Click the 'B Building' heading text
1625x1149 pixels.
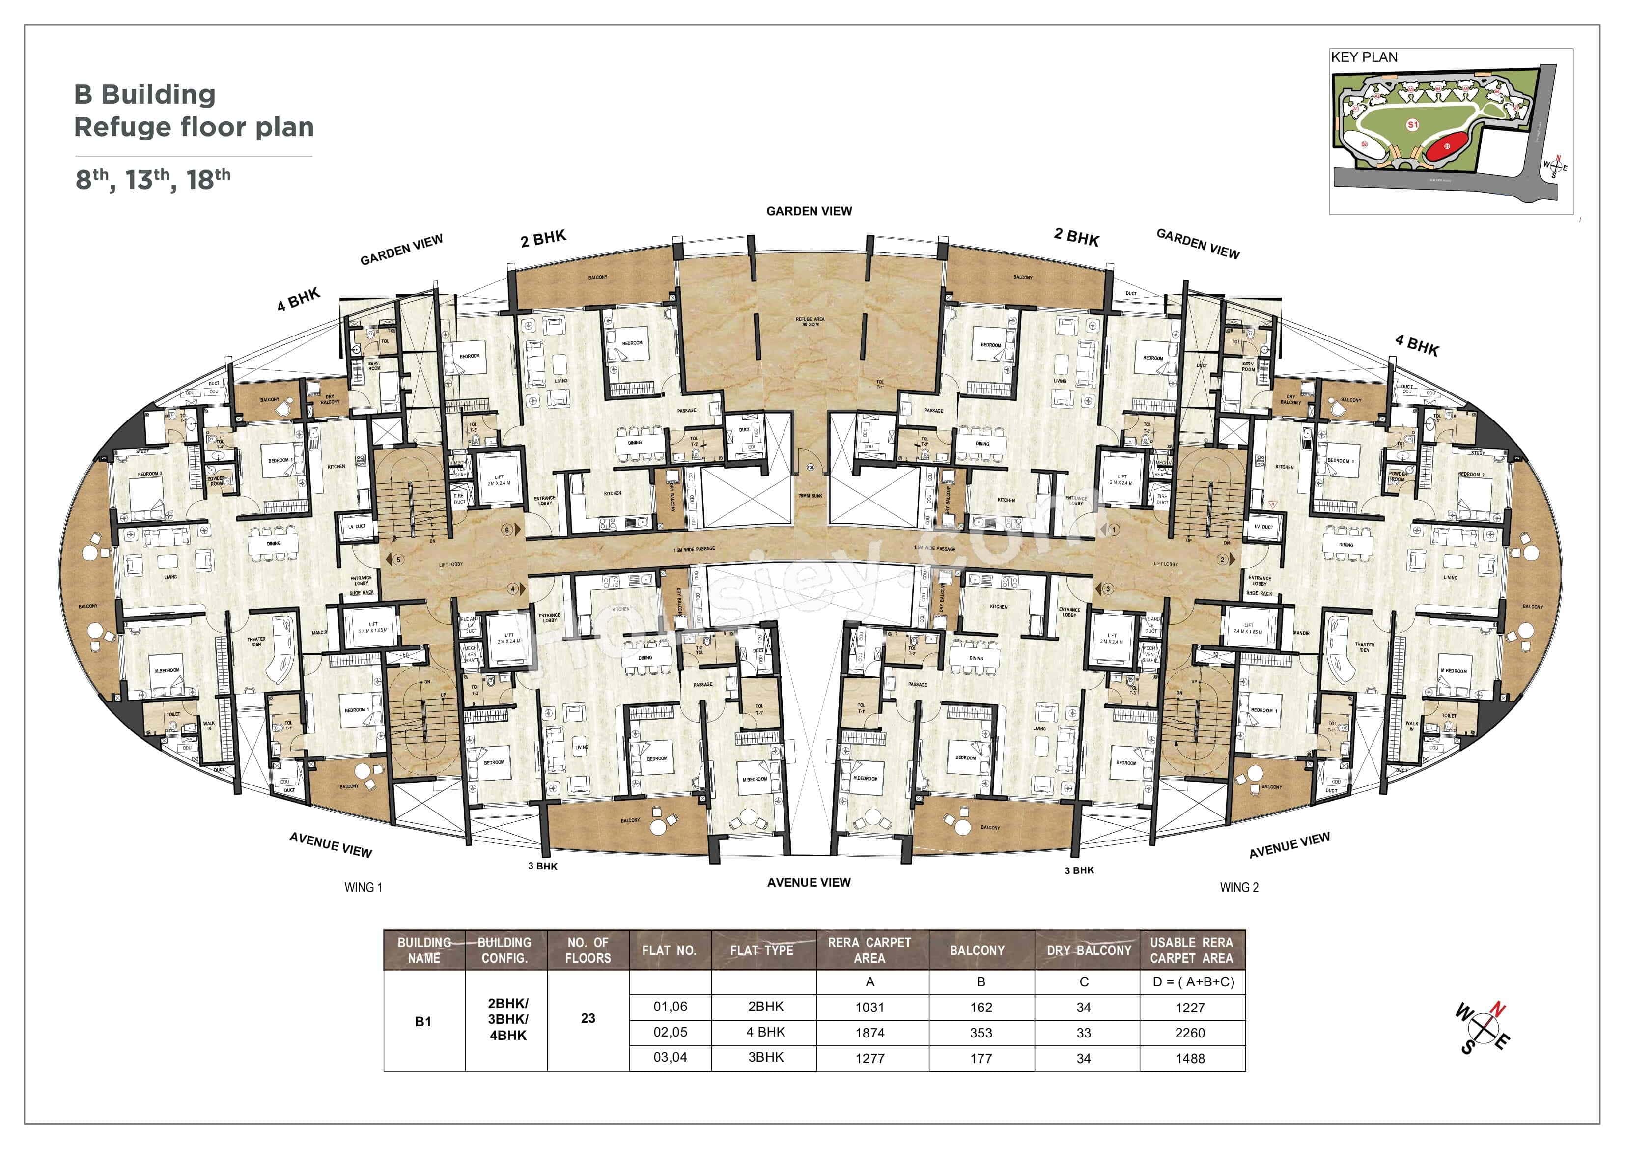pyautogui.click(x=144, y=94)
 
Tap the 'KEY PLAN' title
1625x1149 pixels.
pyautogui.click(x=1364, y=57)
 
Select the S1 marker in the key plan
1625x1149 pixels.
pyautogui.click(x=1412, y=125)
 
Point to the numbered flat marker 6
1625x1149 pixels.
pyautogui.click(x=507, y=530)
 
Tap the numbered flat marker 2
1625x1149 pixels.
pyautogui.click(x=1222, y=560)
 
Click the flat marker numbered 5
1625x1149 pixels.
pyautogui.click(x=398, y=560)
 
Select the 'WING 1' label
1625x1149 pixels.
pyautogui.click(x=363, y=887)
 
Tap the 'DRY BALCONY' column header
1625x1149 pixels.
pyautogui.click(x=1089, y=950)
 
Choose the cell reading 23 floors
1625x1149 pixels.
pyautogui.click(x=588, y=1018)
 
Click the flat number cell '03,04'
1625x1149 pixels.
pyautogui.click(x=670, y=1058)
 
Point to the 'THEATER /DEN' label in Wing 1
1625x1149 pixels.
pyautogui.click(x=256, y=642)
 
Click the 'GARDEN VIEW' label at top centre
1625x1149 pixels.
pyautogui.click(x=809, y=211)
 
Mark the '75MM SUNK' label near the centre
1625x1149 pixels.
pyautogui.click(x=811, y=496)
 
